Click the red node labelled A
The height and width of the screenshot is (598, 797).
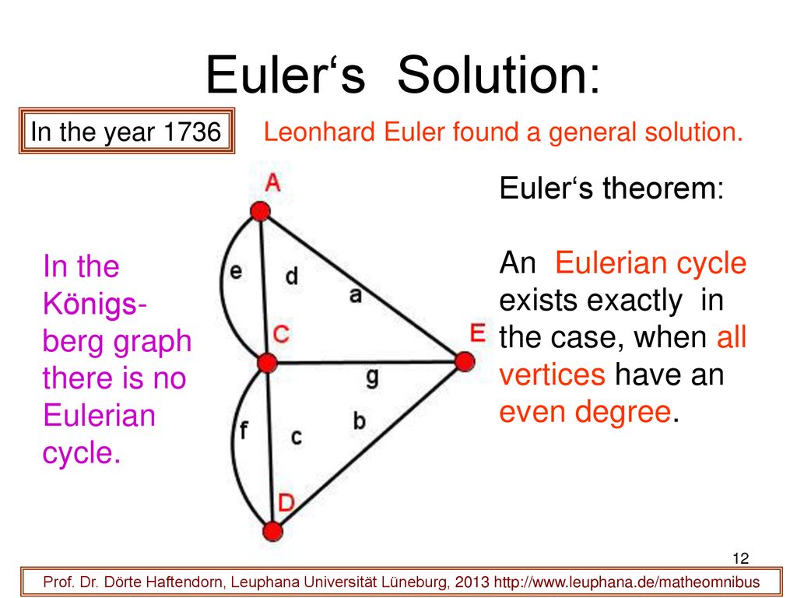[260, 211]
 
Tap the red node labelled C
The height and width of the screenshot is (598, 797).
[268, 363]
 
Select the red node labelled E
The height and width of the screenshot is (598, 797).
[465, 361]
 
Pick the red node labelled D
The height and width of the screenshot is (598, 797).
[273, 531]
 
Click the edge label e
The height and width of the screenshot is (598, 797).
[236, 271]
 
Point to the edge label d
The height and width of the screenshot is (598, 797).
[292, 276]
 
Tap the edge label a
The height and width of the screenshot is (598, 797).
[356, 294]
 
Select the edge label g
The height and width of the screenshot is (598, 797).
[373, 378]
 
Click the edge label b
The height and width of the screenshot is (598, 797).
[360, 420]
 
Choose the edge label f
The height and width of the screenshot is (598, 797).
[244, 430]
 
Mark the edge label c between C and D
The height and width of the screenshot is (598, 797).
[297, 437]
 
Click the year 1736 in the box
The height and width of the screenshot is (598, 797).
[193, 132]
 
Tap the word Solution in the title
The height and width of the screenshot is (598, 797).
[499, 75]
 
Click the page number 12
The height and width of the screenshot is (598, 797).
[741, 558]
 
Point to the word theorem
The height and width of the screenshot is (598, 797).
[663, 188]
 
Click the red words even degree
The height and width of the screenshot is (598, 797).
[585, 411]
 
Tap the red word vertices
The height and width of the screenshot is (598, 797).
[552, 375]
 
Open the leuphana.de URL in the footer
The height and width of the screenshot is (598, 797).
[627, 582]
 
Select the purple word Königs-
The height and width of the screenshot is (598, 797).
[95, 304]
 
